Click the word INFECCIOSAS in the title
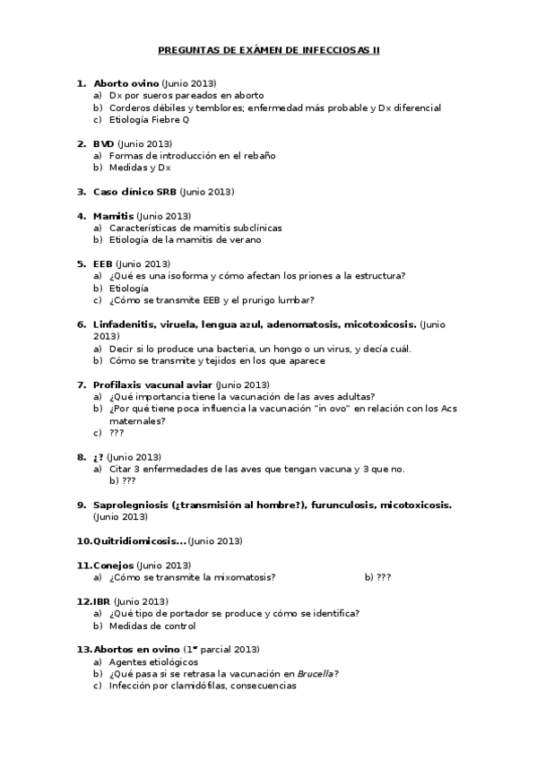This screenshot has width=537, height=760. click(x=334, y=51)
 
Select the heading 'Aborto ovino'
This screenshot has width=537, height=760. click(x=126, y=83)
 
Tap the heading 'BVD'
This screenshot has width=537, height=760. click(x=103, y=143)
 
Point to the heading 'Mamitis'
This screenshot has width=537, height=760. click(x=113, y=216)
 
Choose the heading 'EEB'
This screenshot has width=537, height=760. click(x=102, y=264)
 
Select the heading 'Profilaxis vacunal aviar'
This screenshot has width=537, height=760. click(x=152, y=384)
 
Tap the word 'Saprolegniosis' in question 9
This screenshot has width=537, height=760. click(x=132, y=505)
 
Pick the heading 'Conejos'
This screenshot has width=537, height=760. click(x=113, y=566)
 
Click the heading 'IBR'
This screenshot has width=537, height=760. click(x=101, y=601)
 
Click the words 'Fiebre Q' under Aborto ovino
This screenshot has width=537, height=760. click(x=172, y=119)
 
